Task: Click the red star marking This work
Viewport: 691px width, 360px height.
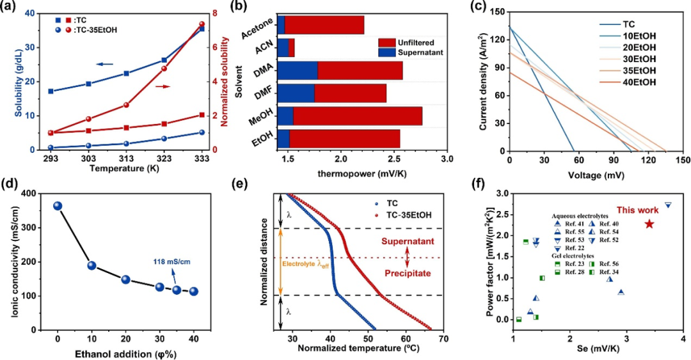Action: pyautogui.click(x=649, y=224)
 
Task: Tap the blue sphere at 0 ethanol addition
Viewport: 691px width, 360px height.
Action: pyautogui.click(x=58, y=206)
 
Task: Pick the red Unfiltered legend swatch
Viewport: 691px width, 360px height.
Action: pyautogui.click(x=386, y=41)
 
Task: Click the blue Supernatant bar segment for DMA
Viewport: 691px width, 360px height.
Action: pyautogui.click(x=298, y=70)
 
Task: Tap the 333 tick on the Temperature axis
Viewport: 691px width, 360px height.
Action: pyautogui.click(x=202, y=157)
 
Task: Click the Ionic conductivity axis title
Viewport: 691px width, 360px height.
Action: pyautogui.click(x=9, y=261)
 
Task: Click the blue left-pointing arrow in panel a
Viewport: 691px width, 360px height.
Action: pyautogui.click(x=105, y=64)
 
